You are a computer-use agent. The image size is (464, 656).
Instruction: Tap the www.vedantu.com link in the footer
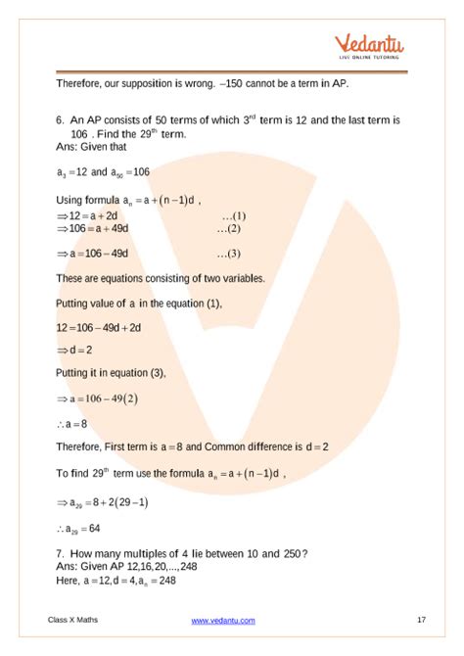click(223, 620)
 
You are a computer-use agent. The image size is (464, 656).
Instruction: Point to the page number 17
click(420, 620)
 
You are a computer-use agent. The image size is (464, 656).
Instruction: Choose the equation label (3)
click(228, 253)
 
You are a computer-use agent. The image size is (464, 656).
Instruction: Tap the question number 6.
click(60, 119)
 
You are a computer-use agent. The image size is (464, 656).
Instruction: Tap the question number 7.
click(60, 553)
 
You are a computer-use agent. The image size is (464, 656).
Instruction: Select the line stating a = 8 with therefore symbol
click(71, 422)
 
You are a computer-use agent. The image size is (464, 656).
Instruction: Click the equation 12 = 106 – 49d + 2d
click(103, 326)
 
